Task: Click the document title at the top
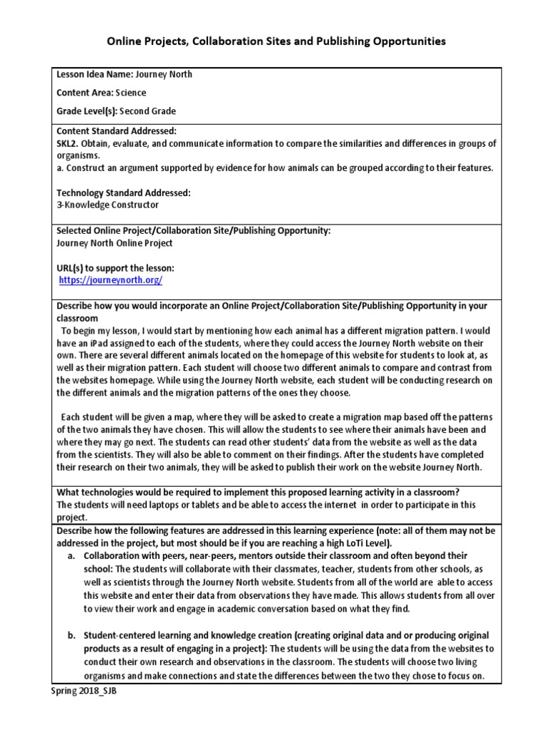pos(276,41)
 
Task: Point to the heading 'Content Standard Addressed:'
pos(116,131)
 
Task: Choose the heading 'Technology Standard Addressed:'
pos(123,193)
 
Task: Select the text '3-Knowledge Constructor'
pos(108,205)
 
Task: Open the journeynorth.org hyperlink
pos(110,280)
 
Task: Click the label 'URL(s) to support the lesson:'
pos(115,268)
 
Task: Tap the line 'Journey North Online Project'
pos(115,243)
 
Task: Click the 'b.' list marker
pos(73,634)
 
